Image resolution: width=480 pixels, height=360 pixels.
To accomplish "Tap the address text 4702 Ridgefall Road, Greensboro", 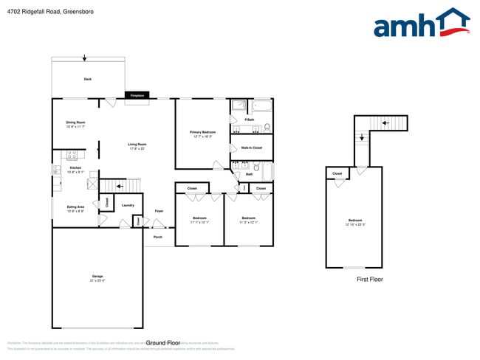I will point(44,12).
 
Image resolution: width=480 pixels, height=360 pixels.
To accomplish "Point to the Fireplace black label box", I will point(137,95).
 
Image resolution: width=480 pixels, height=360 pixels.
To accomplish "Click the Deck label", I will point(87,79).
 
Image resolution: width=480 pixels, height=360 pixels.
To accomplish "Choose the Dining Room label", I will point(75,124).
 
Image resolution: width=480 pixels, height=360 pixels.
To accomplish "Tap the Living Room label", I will point(137,146).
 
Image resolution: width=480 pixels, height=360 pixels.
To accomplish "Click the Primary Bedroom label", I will point(202,134).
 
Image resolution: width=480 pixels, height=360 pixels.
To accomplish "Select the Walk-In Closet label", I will point(252,148).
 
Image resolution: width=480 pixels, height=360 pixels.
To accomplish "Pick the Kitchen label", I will point(75,170).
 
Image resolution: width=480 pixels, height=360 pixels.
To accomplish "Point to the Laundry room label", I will point(127,205).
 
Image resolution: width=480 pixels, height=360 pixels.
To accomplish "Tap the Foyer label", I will point(158,212).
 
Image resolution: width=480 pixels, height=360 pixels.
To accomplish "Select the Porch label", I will point(157,237).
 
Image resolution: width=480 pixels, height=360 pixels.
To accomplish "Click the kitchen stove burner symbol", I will point(72,154).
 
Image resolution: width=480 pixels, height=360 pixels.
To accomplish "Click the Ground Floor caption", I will point(163,343).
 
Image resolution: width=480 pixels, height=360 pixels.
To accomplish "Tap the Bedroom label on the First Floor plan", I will point(355,221).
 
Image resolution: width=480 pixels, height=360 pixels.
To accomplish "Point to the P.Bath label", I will point(250,120).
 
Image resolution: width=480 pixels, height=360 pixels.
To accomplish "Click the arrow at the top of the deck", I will point(84,58).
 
